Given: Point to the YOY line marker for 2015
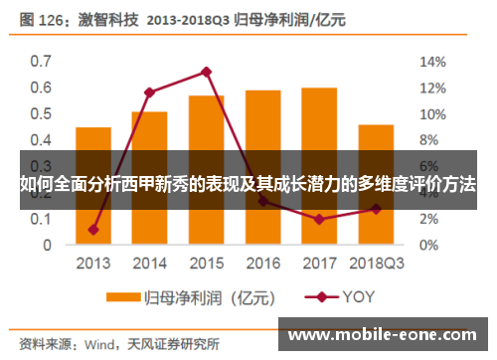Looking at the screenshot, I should pos(206,72).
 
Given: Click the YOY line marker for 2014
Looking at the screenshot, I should pos(149,92).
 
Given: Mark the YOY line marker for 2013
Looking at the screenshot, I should pos(93,229).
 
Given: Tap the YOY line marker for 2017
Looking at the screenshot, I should pos(319,219).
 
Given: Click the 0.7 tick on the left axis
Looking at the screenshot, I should pos(41,62).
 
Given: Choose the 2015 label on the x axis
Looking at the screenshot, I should pos(206,264).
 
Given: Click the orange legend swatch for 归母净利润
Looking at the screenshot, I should pos(122,296).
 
